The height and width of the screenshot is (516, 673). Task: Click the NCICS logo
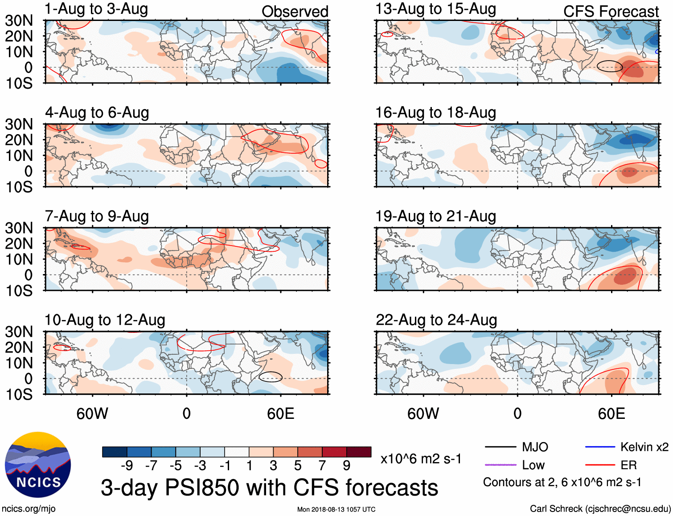pyautogui.click(x=38, y=465)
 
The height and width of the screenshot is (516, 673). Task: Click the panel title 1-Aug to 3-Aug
pyautogui.click(x=96, y=9)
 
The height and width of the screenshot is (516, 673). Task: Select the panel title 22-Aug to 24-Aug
pyautogui.click(x=436, y=320)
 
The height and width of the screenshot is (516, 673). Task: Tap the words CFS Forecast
pyautogui.click(x=611, y=12)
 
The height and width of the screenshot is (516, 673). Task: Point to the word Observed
pyautogui.click(x=295, y=12)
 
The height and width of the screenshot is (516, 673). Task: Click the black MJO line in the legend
pyautogui.click(x=500, y=447)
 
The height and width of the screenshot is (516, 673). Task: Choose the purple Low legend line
pyautogui.click(x=500, y=465)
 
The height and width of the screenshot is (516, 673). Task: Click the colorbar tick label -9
pyautogui.click(x=127, y=466)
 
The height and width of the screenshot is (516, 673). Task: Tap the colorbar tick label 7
pyautogui.click(x=322, y=466)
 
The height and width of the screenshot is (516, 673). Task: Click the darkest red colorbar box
pyautogui.click(x=359, y=452)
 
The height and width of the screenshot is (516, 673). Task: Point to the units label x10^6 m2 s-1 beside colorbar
pyautogui.click(x=421, y=459)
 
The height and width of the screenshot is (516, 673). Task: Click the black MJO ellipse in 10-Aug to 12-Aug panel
pyautogui.click(x=271, y=377)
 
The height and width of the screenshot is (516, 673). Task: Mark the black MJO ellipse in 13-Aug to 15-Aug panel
pyautogui.click(x=609, y=66)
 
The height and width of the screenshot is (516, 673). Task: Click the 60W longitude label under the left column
pyautogui.click(x=92, y=414)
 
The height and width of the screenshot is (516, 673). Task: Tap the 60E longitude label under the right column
pyautogui.click(x=611, y=414)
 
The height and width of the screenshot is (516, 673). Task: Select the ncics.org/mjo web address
pyautogui.click(x=29, y=509)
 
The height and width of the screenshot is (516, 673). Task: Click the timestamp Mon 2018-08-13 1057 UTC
pyautogui.click(x=336, y=509)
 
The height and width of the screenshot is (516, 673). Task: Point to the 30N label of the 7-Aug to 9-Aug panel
pyautogui.click(x=19, y=228)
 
